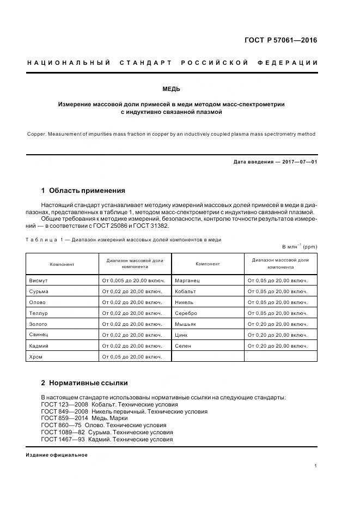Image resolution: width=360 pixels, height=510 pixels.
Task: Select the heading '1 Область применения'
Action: [x=83, y=191]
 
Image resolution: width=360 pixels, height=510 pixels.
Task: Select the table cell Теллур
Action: [x=38, y=313]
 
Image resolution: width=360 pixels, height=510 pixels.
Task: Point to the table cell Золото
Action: [x=38, y=324]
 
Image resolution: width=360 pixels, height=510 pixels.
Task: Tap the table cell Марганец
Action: [x=188, y=281]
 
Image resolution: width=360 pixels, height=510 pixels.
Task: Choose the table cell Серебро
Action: [x=186, y=313]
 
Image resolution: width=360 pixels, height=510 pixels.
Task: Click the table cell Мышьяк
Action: [x=186, y=324]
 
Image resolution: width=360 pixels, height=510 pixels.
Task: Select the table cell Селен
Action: [x=183, y=346]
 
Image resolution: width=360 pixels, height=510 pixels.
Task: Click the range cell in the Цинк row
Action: [x=278, y=335]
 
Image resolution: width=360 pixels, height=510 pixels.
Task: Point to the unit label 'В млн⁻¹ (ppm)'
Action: [x=300, y=246]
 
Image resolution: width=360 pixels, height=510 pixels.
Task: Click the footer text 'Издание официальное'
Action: [x=57, y=455]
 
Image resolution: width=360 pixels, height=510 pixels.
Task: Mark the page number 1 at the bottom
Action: [x=316, y=466]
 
